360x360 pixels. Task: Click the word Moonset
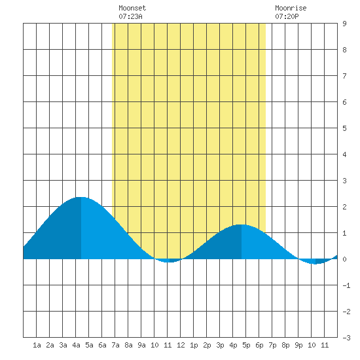point(132,8)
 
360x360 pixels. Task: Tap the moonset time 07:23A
point(130,16)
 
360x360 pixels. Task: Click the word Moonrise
point(291,8)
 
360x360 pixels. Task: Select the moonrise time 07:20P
point(287,16)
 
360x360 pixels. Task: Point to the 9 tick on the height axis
point(344,24)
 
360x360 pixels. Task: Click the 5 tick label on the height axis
point(344,128)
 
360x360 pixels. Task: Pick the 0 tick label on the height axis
point(344,259)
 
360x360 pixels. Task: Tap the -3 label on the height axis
point(346,338)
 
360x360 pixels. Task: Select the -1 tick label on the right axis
point(346,285)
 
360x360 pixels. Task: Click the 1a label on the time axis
point(37,345)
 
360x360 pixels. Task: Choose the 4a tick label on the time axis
point(76,345)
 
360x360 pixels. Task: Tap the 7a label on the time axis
point(115,345)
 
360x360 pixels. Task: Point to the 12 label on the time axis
point(181,345)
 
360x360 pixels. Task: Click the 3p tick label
point(220,345)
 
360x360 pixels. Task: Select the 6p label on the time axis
point(259,345)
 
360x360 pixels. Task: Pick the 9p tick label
point(298,345)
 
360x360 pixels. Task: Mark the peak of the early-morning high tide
point(81,197)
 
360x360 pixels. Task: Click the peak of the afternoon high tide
point(242,225)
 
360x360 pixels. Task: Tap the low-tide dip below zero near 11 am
point(170,262)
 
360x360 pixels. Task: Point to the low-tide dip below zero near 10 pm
point(315,264)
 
